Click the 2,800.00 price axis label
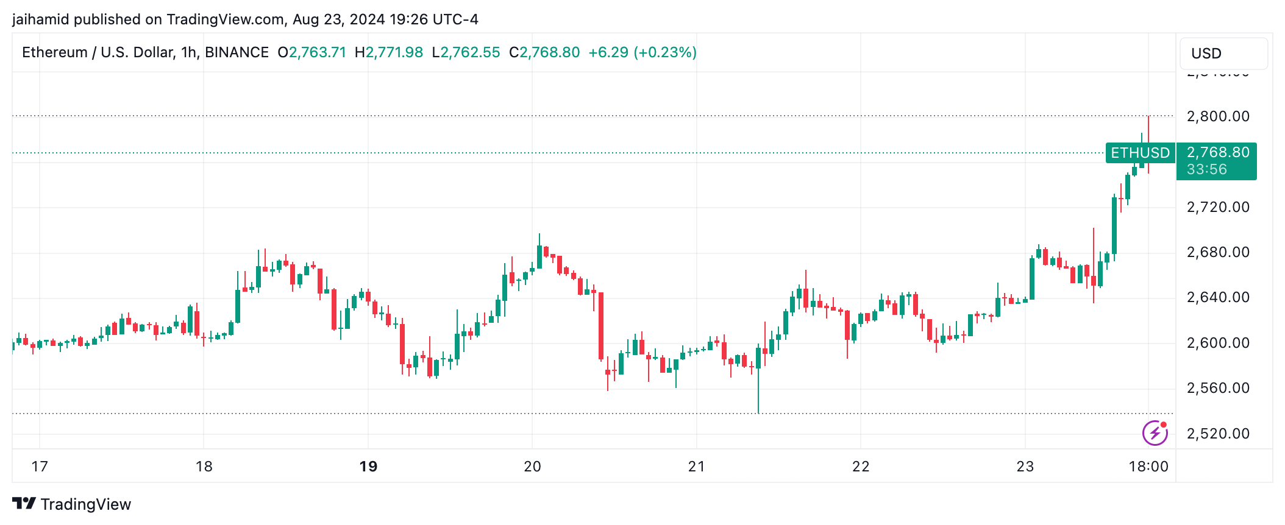(1217, 116)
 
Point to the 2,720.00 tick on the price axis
(1217, 207)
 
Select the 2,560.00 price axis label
(1217, 388)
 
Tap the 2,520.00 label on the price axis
(1217, 434)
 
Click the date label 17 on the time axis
(40, 467)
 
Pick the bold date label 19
(368, 467)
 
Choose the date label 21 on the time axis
(696, 467)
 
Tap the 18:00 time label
(1148, 467)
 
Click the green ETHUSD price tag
(1140, 153)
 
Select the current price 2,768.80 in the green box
(1217, 152)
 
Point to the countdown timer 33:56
(1206, 169)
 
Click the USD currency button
(1223, 54)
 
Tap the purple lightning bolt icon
(1155, 433)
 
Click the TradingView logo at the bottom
(72, 504)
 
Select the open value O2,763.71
(312, 52)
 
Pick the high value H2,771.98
(389, 52)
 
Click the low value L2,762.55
(466, 52)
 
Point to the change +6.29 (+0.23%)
(642, 52)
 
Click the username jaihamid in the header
(40, 19)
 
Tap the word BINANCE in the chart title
(237, 52)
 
